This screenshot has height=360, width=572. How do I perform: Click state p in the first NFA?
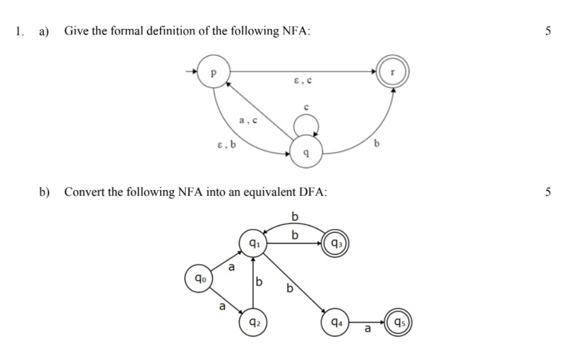pos(213,72)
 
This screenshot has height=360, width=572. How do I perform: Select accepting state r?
pos(393,72)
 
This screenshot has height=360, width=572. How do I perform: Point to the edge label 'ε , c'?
pos(303,81)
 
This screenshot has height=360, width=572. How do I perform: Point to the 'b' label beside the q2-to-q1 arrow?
pos(259,281)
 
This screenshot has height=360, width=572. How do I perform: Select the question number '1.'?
pos(20,31)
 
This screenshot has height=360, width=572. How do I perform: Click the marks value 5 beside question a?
pos(548,31)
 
